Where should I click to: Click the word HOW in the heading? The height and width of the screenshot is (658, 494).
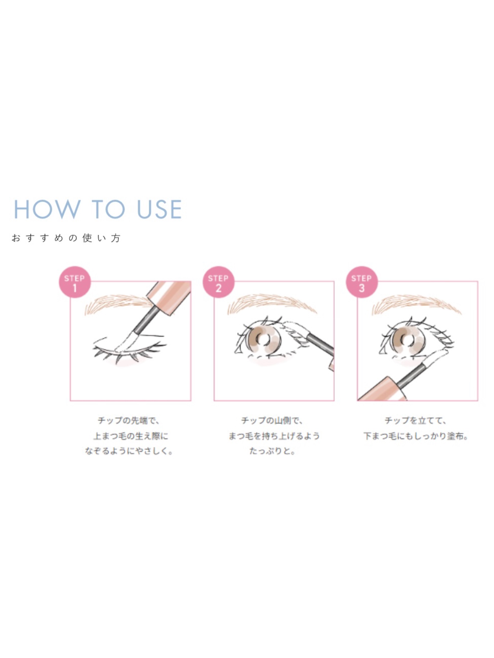[47, 209]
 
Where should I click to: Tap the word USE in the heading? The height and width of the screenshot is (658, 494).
[160, 209]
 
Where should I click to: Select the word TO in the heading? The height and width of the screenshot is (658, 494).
[108, 209]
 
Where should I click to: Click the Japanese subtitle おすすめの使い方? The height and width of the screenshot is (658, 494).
[66, 238]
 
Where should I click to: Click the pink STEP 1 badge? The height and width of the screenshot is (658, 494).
[75, 282]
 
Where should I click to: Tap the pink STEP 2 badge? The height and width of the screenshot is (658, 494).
[219, 282]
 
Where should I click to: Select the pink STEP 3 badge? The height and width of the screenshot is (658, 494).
[362, 282]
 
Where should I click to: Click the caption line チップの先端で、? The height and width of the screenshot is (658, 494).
[129, 421]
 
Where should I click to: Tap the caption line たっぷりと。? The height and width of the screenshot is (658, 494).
[272, 451]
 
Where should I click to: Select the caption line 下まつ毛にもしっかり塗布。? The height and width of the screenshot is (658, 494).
[416, 436]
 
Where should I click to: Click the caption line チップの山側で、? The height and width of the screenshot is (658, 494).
[272, 421]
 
